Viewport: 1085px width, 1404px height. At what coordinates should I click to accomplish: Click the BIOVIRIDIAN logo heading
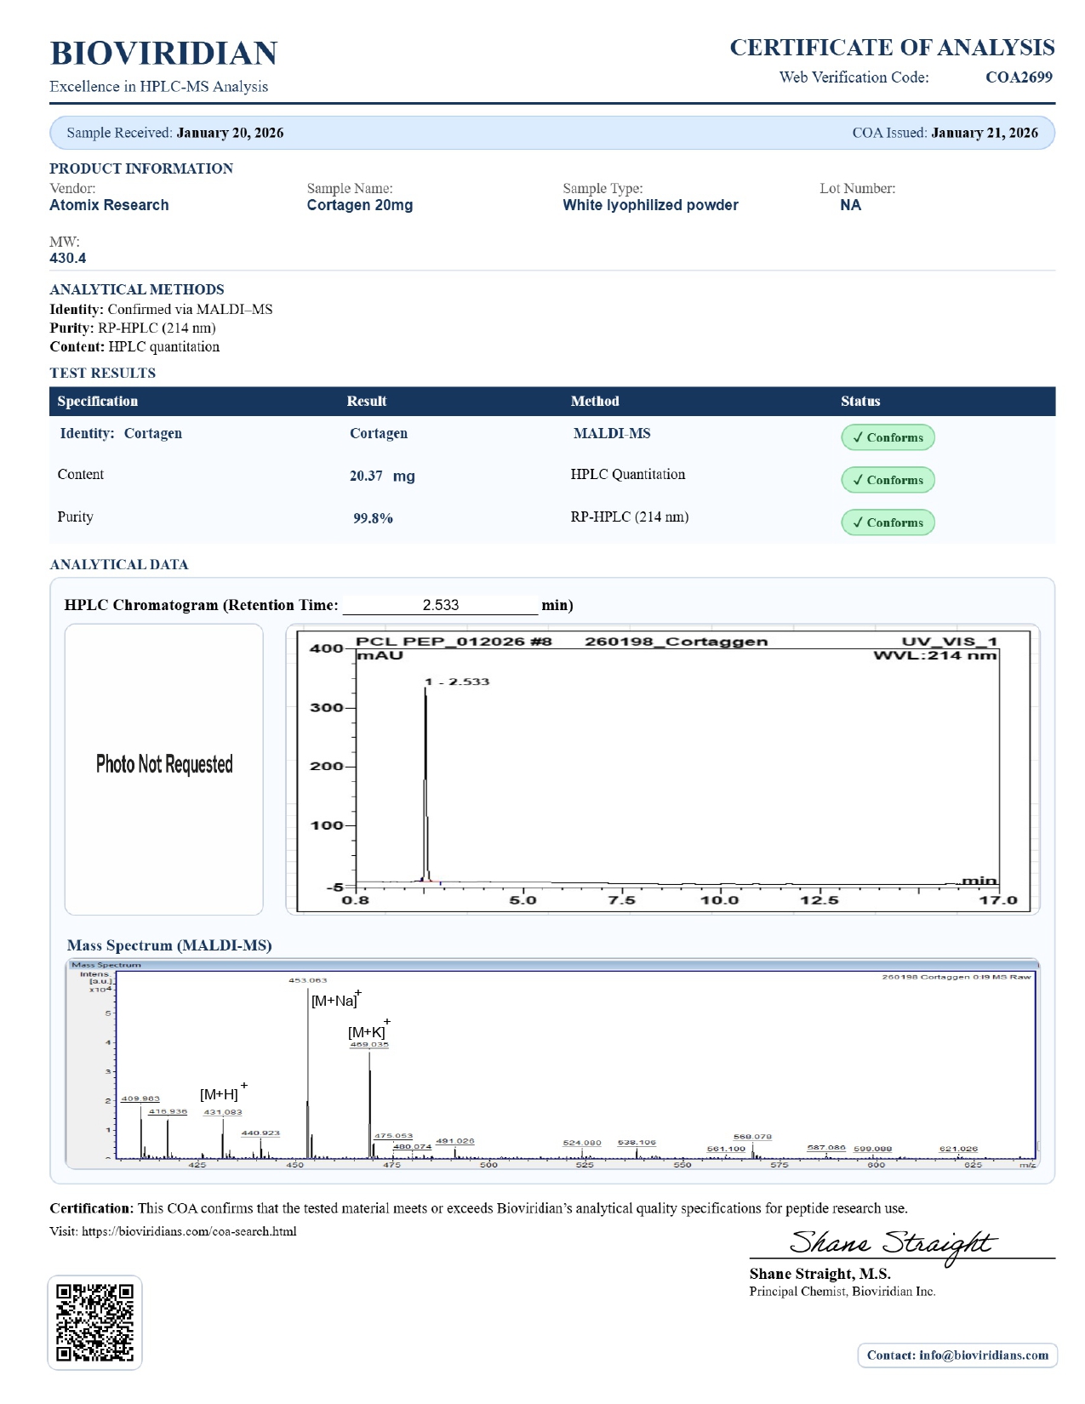click(163, 53)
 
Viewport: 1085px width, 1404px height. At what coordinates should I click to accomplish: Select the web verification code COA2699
click(1019, 77)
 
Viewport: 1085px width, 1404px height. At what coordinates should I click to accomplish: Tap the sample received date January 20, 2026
click(230, 133)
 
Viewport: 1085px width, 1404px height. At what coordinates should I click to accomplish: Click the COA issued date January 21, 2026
click(985, 133)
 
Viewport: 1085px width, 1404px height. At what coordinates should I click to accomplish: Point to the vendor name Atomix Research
click(109, 205)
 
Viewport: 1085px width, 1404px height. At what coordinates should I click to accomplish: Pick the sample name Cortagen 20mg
click(359, 205)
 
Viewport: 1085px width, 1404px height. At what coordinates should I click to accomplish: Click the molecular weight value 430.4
click(68, 258)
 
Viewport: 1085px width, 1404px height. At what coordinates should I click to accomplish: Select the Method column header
click(595, 401)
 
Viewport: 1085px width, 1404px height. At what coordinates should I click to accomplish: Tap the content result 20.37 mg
click(382, 476)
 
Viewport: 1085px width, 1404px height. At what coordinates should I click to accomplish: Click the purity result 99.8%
click(373, 518)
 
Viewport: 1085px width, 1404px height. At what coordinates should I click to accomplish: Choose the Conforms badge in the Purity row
click(888, 522)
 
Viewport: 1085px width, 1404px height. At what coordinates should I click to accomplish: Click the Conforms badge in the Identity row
click(888, 437)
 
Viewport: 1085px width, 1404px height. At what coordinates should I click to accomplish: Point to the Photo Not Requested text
click(164, 764)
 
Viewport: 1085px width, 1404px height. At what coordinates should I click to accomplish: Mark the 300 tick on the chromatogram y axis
click(327, 708)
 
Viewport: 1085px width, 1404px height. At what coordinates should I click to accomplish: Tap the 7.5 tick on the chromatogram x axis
click(621, 900)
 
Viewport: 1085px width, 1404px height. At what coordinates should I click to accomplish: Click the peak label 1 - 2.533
click(458, 682)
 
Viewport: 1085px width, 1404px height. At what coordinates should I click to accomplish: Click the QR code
click(94, 1321)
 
